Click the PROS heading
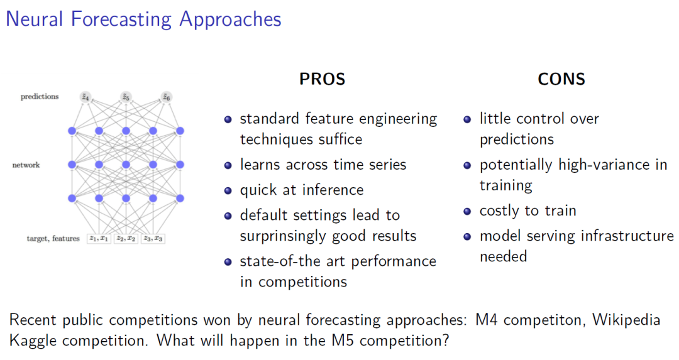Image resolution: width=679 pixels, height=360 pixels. [322, 79]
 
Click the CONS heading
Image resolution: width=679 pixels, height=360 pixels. [561, 79]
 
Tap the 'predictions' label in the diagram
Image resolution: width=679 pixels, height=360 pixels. [40, 97]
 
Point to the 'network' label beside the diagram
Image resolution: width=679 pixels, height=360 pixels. [26, 165]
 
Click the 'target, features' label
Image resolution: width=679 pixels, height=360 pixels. [53, 239]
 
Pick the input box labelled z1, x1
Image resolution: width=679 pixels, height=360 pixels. [99, 239]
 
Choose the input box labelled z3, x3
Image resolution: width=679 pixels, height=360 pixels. [153, 239]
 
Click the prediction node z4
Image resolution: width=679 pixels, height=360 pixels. [85, 97]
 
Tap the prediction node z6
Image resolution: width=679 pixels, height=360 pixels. [166, 97]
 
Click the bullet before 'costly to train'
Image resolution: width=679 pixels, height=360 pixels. [467, 211]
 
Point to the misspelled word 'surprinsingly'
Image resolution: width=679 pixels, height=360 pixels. [286, 237]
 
